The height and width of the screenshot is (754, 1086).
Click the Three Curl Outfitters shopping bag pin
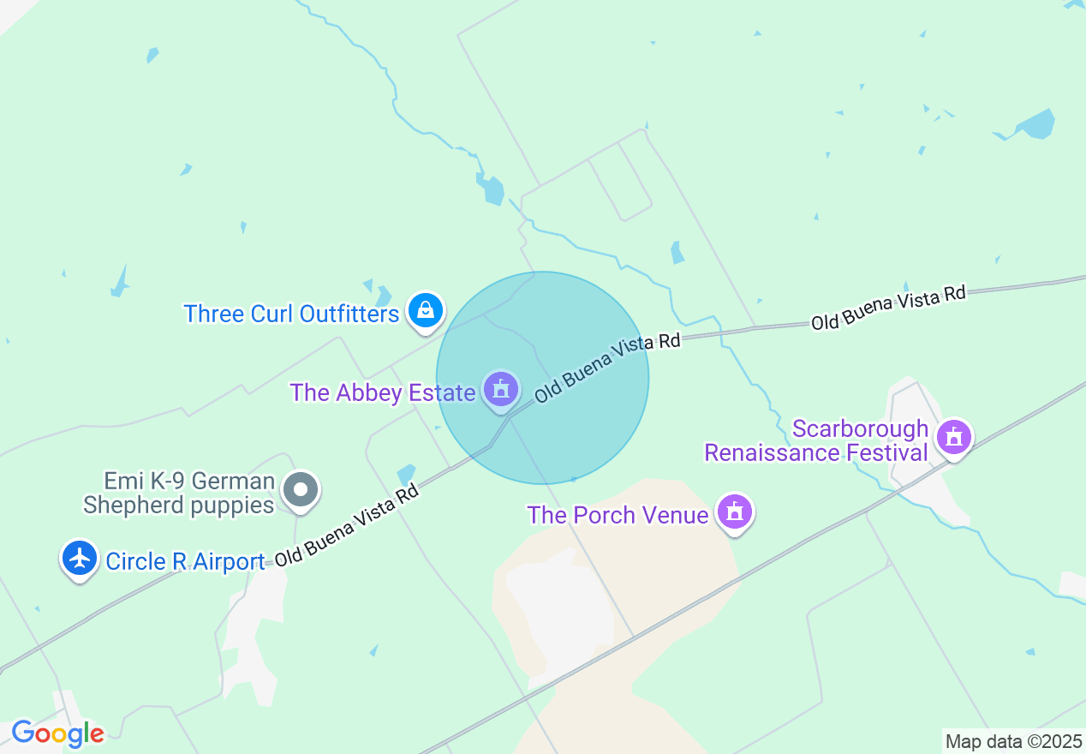426,310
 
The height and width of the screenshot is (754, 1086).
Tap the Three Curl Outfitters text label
291,314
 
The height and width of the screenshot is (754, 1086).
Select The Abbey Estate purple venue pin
501,390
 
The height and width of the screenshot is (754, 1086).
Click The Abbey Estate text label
382,392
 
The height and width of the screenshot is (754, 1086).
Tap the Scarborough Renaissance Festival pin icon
953,437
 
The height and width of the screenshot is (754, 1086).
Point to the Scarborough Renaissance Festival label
816,440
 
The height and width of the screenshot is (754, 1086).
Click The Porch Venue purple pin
734,512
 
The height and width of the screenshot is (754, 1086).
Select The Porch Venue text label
618,515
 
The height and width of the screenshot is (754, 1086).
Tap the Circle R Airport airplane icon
80,558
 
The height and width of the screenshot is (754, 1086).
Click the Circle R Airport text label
185,561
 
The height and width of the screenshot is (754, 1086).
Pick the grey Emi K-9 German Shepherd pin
301,490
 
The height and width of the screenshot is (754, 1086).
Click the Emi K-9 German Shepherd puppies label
178,493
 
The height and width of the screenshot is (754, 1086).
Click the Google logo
57,734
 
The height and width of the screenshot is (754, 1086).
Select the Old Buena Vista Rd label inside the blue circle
607,368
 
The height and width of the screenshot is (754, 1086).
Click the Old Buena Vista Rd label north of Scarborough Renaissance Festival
888,308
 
